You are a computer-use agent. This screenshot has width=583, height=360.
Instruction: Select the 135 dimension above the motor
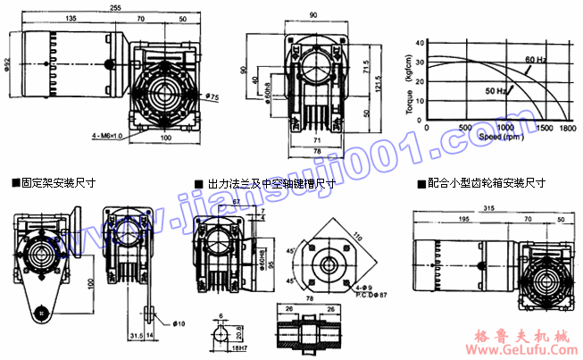71,18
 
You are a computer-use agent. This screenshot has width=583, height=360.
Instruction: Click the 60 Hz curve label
536,59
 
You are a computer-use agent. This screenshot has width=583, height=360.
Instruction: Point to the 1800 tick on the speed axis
567,129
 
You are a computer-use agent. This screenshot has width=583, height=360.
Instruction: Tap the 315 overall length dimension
487,207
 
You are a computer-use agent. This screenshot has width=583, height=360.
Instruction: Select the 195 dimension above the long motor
465,219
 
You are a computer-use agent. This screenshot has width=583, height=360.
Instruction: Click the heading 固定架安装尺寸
58,182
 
